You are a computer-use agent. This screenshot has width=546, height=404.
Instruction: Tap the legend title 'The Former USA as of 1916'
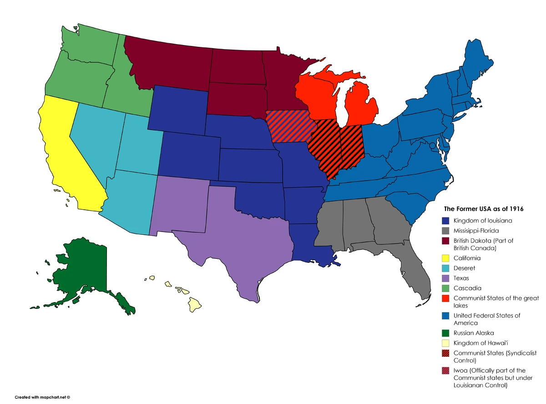tap(484, 209)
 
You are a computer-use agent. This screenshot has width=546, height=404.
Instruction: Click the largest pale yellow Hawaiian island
tap(195, 304)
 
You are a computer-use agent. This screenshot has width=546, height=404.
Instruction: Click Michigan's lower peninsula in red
tap(362, 107)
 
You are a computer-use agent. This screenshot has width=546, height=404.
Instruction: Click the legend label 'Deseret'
tap(465, 268)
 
